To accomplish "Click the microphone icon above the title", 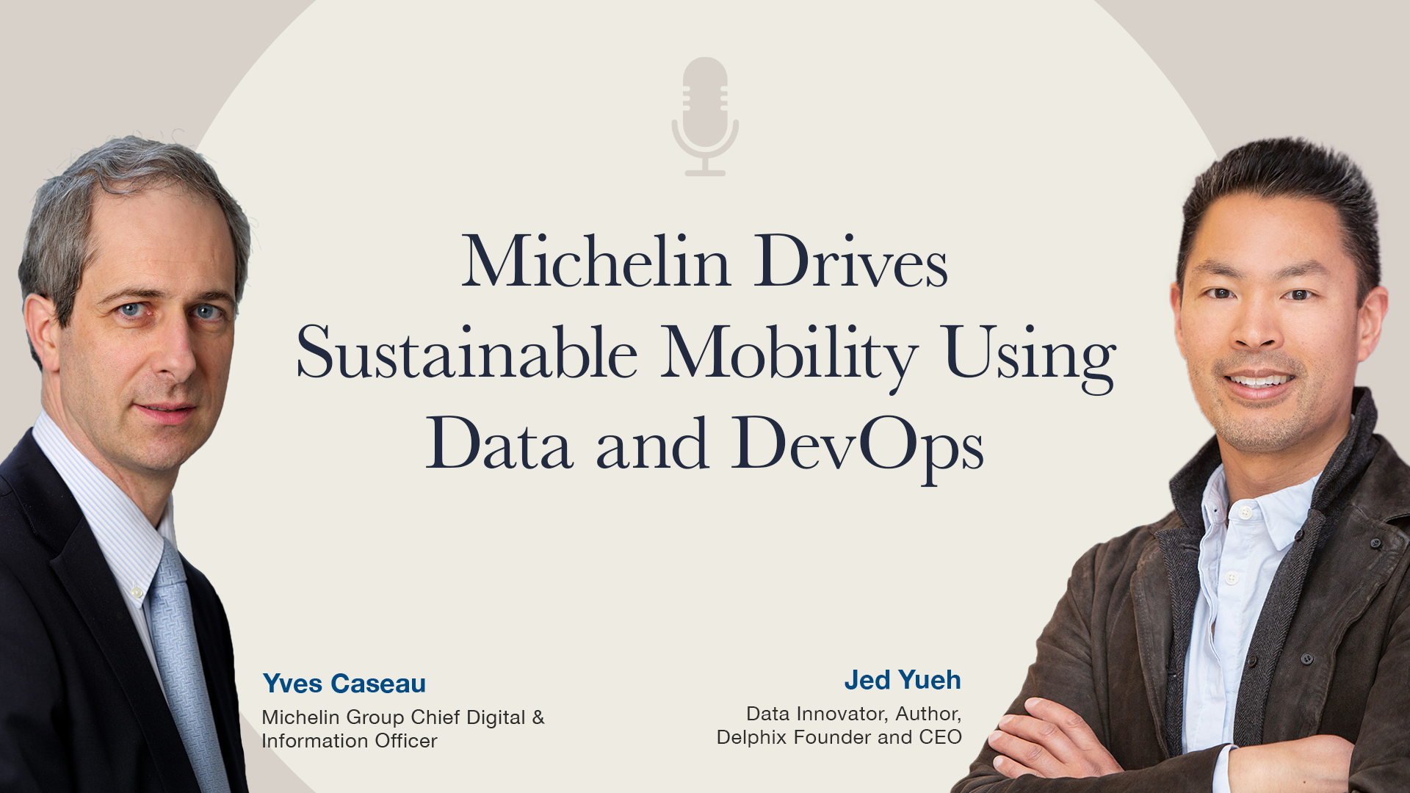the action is (x=705, y=116).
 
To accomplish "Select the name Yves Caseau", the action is (x=344, y=684).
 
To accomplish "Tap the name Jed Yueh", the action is (x=903, y=680).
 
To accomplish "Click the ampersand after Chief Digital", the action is (x=538, y=717).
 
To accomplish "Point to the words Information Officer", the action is (x=350, y=741).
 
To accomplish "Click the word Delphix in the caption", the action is (x=754, y=737).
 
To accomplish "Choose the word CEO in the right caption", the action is (x=941, y=737).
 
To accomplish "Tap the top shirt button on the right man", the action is (x=1245, y=513).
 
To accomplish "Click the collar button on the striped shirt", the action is (x=137, y=592).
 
